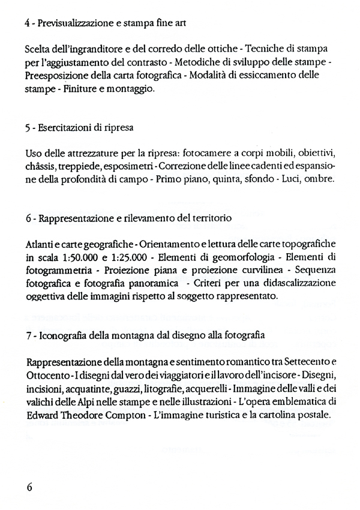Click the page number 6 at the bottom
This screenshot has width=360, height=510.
click(29, 486)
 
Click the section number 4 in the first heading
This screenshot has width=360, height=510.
click(29, 23)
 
